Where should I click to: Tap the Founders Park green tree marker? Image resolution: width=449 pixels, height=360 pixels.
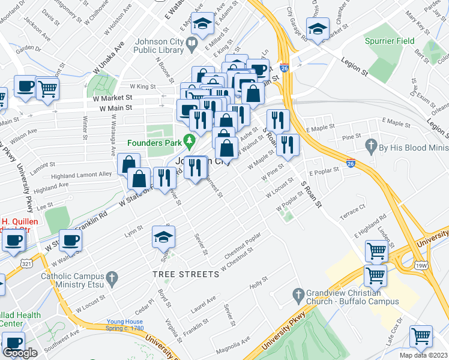190,142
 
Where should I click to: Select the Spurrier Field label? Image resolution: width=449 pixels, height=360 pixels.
385,41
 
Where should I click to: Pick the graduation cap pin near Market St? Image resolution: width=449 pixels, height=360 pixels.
316,28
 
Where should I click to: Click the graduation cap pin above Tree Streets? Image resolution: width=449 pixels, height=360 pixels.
163,238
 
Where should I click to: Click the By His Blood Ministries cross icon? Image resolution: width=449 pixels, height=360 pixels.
371,146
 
